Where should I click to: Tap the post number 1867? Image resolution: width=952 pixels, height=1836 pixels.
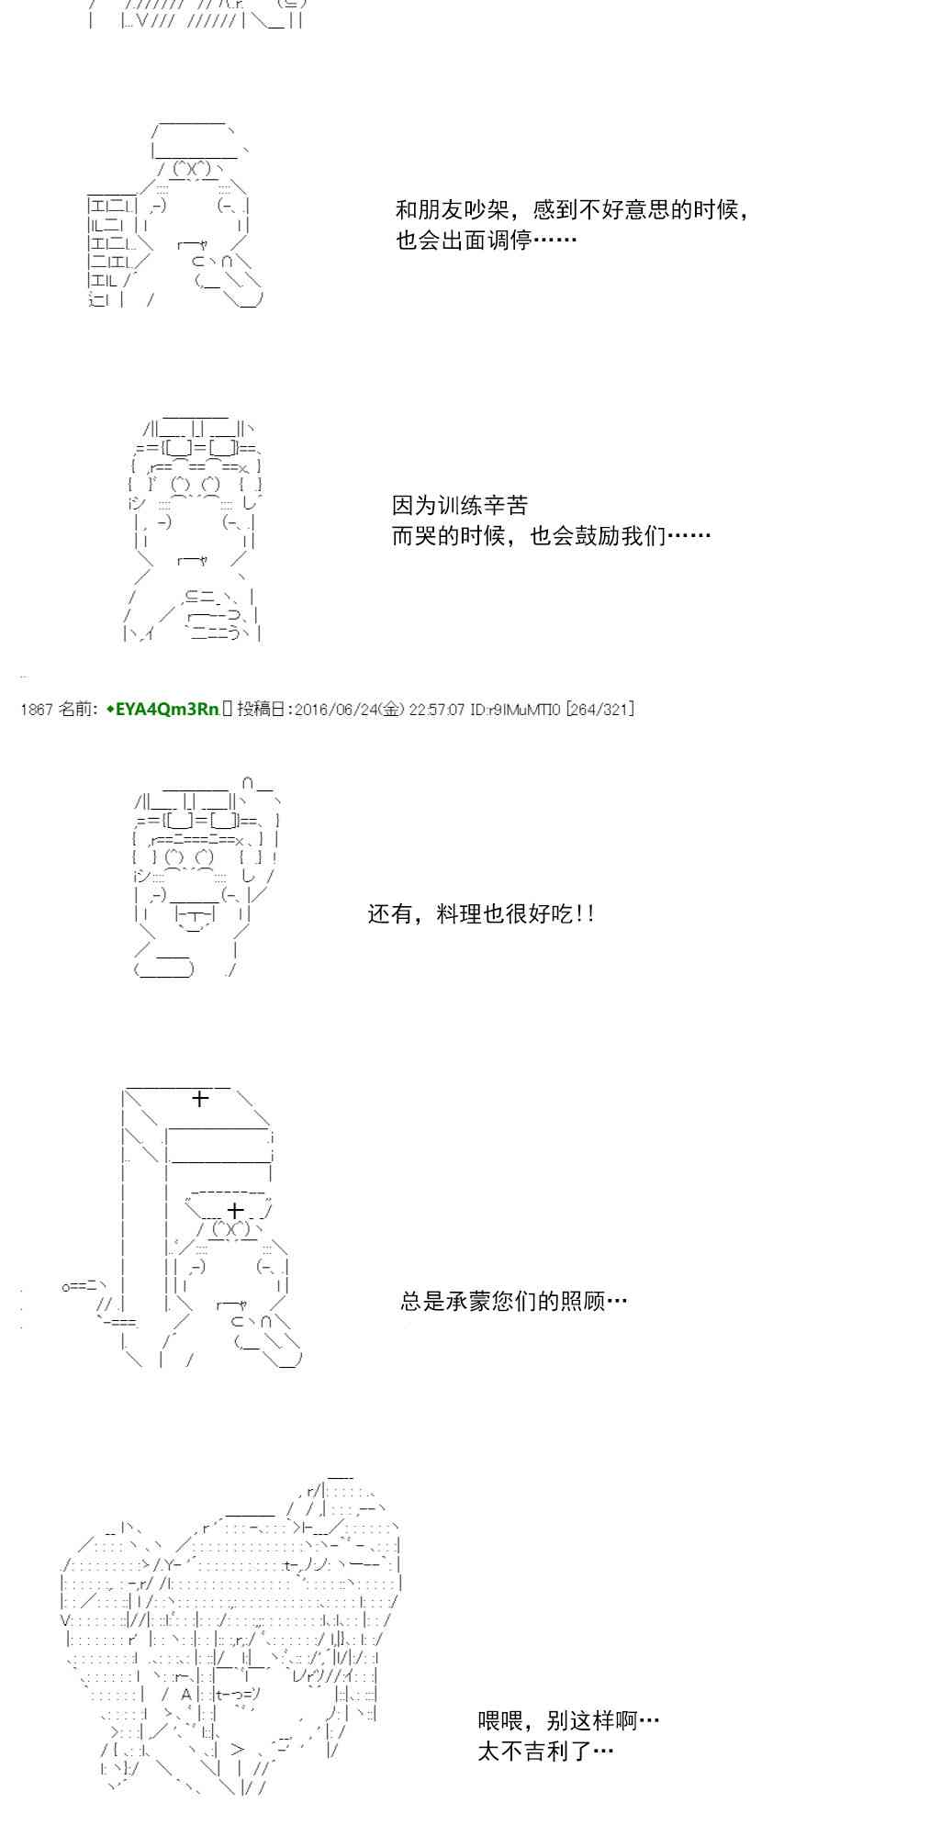(36, 709)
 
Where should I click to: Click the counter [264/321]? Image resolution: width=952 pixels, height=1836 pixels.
(599, 709)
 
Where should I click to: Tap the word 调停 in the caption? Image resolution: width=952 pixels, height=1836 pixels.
(510, 241)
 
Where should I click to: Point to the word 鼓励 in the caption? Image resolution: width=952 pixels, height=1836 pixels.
(599, 535)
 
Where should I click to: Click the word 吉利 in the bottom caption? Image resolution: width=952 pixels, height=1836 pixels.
(546, 1751)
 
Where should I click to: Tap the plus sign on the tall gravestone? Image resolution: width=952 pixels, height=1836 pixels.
(199, 1098)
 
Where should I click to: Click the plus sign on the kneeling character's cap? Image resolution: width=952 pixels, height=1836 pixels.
(234, 1210)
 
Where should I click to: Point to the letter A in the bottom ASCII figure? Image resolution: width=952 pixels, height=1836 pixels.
(186, 1695)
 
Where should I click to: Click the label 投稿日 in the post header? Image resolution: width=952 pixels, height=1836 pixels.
(263, 709)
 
